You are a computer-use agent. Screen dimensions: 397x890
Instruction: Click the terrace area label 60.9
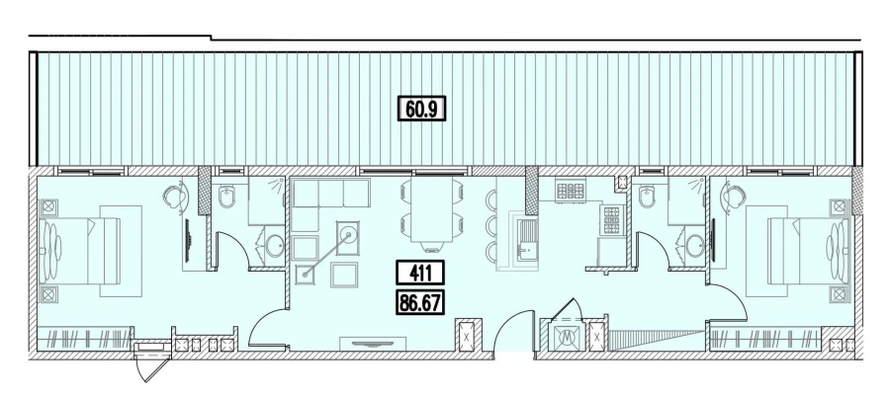click(422, 107)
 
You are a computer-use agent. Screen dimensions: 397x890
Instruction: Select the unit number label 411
click(420, 272)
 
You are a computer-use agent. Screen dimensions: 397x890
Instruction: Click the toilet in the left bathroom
click(228, 199)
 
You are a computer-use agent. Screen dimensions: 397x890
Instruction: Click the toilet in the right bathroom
click(649, 199)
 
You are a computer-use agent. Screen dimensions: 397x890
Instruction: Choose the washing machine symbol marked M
click(567, 336)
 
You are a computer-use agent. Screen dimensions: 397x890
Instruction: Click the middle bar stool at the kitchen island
click(491, 227)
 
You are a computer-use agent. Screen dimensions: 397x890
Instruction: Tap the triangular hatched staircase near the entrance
click(643, 341)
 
